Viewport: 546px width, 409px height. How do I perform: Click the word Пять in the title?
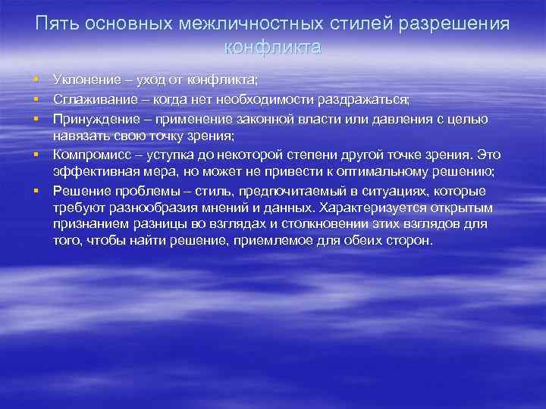[58, 24]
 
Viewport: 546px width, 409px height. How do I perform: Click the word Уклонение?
[84, 79]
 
